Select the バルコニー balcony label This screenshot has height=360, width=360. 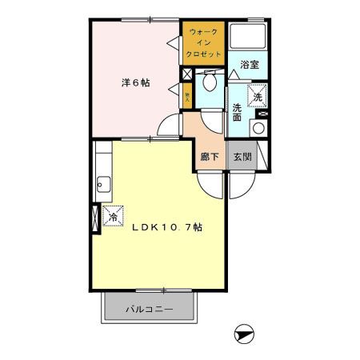pos(148,307)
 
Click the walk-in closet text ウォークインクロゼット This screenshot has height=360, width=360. pos(203,43)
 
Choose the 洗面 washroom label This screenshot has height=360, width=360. pos(238,113)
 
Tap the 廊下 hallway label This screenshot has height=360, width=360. pos(211,158)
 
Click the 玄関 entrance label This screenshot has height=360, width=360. pos(242,158)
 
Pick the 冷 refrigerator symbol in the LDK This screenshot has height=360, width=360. pos(113,217)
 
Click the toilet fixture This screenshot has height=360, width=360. pos(210,82)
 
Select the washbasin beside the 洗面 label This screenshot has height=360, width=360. pos(258,127)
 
